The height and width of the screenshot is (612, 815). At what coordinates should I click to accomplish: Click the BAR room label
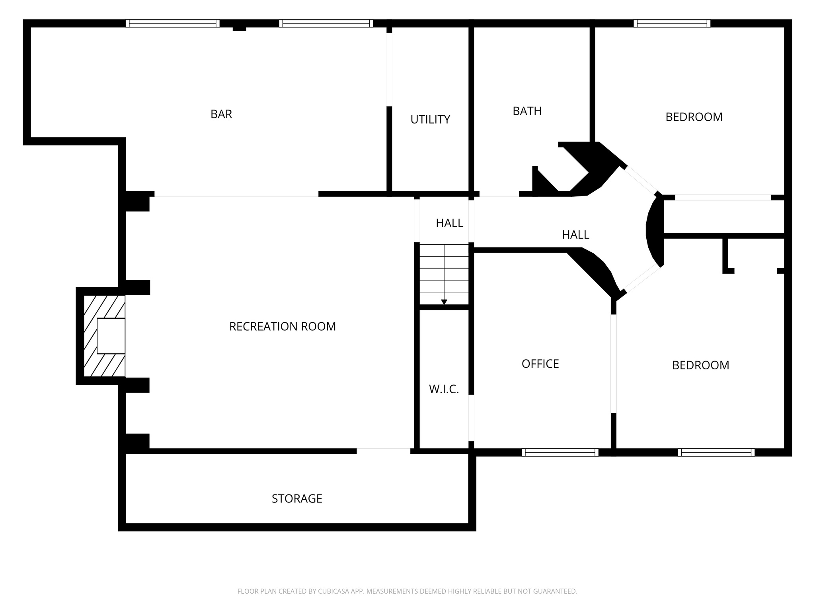[221, 114]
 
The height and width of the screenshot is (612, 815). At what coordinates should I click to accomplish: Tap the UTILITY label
[430, 120]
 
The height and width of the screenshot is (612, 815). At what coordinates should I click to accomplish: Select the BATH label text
[527, 111]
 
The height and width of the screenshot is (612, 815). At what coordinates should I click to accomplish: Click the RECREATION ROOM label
[282, 327]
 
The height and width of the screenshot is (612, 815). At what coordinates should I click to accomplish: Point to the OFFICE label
[540, 364]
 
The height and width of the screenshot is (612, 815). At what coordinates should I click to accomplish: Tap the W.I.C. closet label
[444, 389]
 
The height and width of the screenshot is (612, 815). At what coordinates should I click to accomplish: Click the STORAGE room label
[297, 499]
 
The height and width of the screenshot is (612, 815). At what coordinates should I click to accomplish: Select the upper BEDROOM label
[694, 117]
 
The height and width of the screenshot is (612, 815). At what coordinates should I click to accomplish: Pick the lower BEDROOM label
[700, 365]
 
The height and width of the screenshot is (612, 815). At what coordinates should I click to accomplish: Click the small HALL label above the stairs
[449, 223]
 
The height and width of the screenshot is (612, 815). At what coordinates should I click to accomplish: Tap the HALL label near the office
[575, 235]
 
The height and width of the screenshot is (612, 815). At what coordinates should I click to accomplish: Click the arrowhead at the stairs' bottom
[444, 302]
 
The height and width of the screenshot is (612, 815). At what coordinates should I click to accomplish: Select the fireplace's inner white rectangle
[111, 335]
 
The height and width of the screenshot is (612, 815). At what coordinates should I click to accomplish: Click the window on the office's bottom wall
[560, 452]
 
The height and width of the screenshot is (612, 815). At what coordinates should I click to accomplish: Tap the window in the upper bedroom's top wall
[672, 24]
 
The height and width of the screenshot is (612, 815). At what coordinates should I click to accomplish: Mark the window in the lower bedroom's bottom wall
[716, 452]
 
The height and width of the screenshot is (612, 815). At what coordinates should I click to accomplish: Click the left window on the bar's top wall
[172, 24]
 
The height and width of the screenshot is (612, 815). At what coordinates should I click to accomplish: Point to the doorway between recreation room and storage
[383, 451]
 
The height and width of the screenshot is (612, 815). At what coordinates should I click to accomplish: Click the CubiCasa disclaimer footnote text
[407, 591]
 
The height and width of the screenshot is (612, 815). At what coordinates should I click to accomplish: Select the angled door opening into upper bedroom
[640, 179]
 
